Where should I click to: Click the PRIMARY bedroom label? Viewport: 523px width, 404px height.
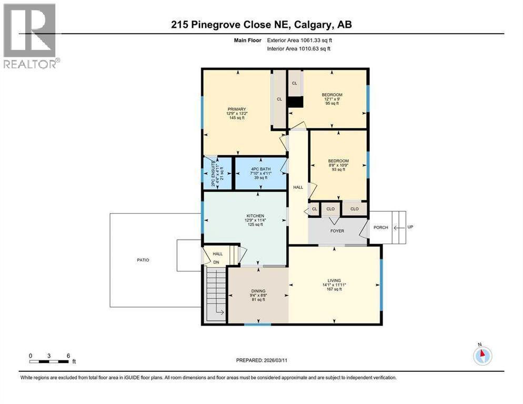tap(237, 109)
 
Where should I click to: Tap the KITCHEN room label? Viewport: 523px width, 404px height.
tap(255, 216)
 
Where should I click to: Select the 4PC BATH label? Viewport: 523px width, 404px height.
tap(261, 169)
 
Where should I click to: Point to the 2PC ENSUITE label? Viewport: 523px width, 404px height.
tap(213, 174)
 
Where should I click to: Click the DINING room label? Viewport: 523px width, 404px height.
tap(258, 291)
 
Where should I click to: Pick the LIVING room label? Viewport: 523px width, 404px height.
tap(334, 280)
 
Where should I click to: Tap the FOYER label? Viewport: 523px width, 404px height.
tap(337, 231)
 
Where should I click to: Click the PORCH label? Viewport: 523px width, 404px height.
tap(381, 228)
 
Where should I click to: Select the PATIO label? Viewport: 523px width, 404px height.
tap(143, 260)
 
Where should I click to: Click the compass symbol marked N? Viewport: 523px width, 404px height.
tap(482, 355)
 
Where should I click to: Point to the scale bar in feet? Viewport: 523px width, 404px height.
tap(53, 359)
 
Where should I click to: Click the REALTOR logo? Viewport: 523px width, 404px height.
tap(31, 36)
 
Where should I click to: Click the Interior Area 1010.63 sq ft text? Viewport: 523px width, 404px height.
tap(298, 49)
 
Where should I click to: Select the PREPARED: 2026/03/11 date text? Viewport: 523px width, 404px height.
tap(261, 360)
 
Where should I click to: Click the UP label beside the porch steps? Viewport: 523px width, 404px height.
tap(410, 227)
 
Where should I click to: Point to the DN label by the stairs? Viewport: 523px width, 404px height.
tap(216, 262)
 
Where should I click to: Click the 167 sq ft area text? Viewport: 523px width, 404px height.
tap(334, 289)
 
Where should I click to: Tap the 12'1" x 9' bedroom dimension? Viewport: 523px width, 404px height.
tap(332, 99)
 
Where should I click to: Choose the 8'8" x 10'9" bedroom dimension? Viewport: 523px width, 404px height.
tap(338, 165)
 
